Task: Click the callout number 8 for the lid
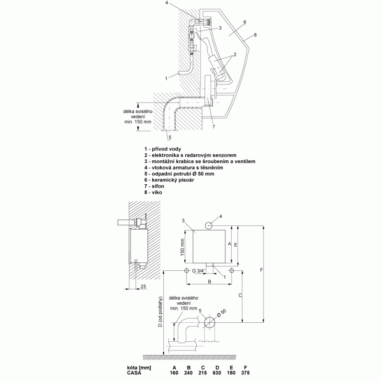pos(255,35)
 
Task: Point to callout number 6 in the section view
pos(244,22)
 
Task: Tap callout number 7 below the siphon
pos(213,127)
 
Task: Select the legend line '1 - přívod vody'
pos(162,149)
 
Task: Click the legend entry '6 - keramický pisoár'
pos(169,180)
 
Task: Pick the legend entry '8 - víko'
pos(153,192)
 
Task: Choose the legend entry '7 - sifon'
pos(154,186)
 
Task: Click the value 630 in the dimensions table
pos(217,373)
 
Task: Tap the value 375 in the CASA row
pos(245,373)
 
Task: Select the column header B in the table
pos(189,368)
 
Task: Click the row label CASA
pos(134,373)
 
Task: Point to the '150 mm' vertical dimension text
pos(182,247)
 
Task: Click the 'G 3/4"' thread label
pos(199,271)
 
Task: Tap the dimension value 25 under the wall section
pos(143,286)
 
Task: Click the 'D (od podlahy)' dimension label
pos(160,312)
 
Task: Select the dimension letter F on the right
pos(261,270)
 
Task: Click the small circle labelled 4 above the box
pos(209,225)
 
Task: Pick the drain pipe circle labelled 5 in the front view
pos(210,322)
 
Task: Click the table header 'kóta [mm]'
pos(139,368)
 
